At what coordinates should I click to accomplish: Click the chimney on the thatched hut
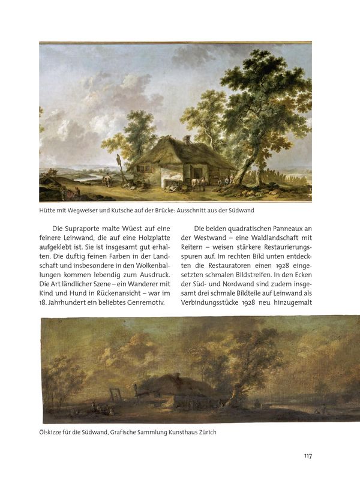point(187,140)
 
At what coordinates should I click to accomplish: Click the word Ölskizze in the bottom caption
point(52,432)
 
